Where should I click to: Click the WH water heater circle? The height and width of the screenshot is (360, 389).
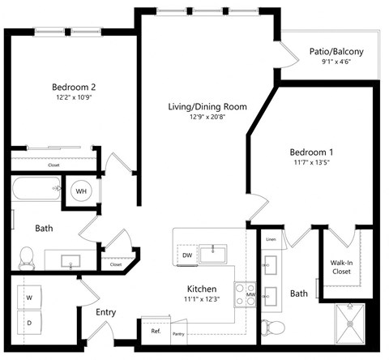click(x=82, y=191)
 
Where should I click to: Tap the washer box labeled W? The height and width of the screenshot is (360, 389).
click(x=30, y=298)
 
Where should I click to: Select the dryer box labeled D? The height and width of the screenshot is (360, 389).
click(x=30, y=324)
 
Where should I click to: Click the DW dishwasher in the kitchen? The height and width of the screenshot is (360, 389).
click(x=186, y=255)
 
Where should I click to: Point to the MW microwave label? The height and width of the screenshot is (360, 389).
click(x=251, y=295)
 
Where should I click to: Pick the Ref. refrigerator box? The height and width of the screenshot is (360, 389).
click(x=156, y=331)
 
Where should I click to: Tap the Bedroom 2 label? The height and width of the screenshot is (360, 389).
click(x=75, y=87)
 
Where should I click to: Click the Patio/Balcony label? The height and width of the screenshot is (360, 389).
click(x=336, y=53)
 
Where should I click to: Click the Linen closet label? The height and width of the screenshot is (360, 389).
click(x=271, y=239)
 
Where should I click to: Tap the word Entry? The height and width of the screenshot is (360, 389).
click(x=106, y=312)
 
